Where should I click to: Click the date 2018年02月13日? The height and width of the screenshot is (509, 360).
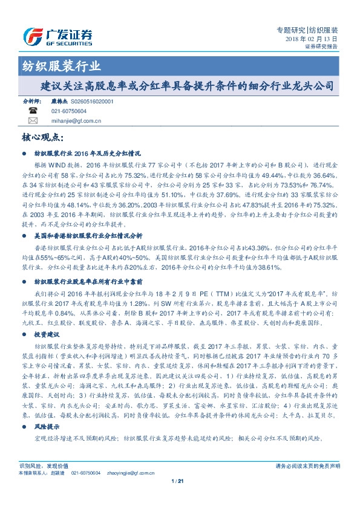tap(311, 39)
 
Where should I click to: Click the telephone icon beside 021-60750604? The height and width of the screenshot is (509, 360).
tap(33, 112)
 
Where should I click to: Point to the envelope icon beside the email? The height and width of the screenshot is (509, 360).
tap(33, 121)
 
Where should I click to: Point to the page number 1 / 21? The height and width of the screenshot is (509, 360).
tap(179, 481)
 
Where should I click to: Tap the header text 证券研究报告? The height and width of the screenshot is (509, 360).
tap(321, 47)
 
